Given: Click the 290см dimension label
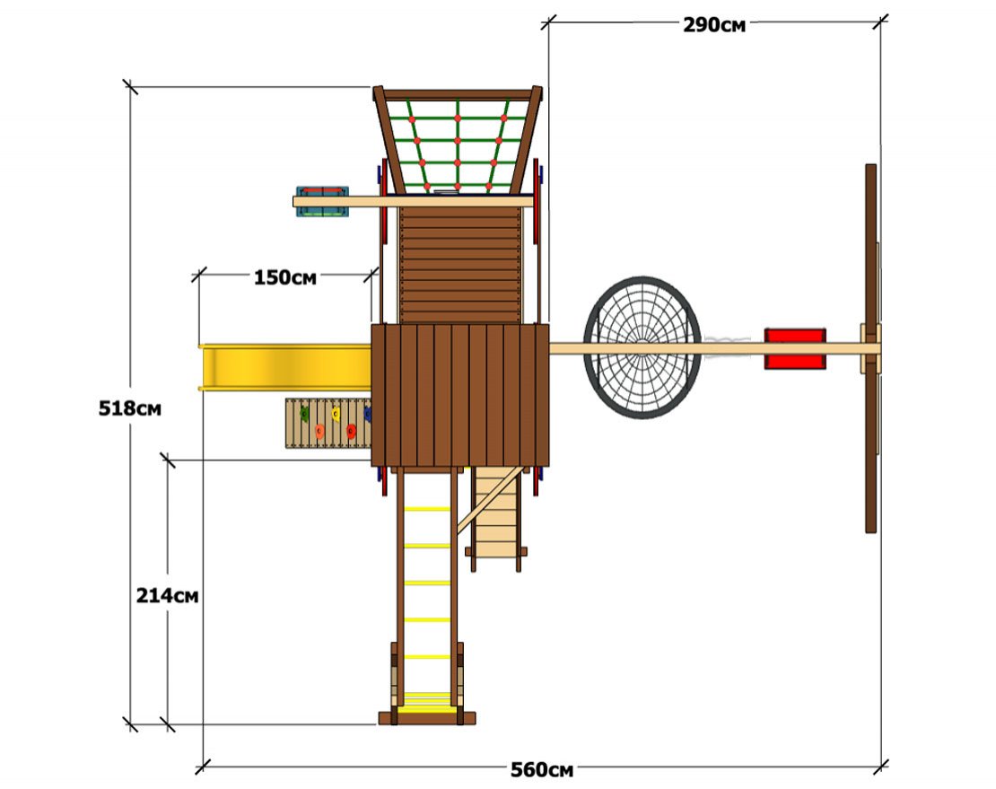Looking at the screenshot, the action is [x=714, y=25].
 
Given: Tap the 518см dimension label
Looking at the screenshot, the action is [x=130, y=408].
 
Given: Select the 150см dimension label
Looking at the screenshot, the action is [x=284, y=277].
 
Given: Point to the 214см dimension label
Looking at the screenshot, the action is [x=167, y=595].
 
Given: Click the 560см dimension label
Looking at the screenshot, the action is [x=542, y=770].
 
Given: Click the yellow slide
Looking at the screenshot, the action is [x=285, y=367].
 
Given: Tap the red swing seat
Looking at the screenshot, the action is [x=795, y=349].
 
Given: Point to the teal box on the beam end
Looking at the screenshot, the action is [x=322, y=201].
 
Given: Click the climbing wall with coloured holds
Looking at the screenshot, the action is [x=328, y=423].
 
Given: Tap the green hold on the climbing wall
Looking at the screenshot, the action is [x=304, y=415].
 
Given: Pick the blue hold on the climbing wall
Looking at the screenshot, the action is [x=368, y=415].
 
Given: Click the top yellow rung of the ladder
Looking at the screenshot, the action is [x=427, y=509].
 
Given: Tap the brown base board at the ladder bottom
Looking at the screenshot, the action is [x=427, y=718].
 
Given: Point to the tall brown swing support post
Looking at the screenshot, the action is [x=871, y=348].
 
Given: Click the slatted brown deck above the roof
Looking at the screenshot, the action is [x=460, y=265].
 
